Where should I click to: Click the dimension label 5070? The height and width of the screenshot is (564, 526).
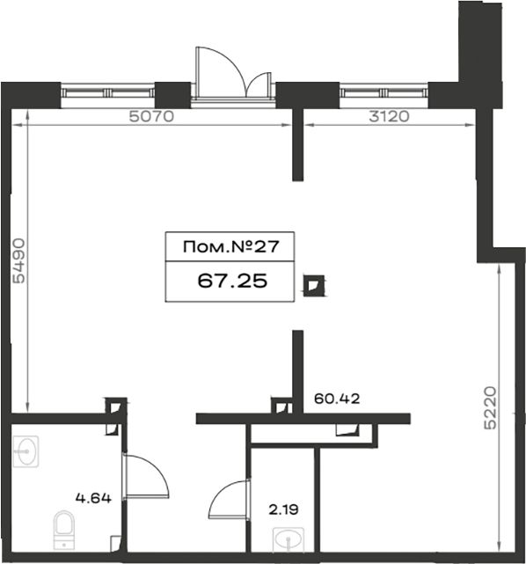(x=151, y=116)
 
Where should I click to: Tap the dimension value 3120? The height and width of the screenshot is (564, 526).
(x=389, y=116)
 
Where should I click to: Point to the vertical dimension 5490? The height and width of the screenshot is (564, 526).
(x=18, y=260)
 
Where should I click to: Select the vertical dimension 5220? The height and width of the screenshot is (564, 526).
(x=490, y=408)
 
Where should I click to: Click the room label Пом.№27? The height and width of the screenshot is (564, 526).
(x=230, y=246)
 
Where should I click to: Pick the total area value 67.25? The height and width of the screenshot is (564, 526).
(x=232, y=281)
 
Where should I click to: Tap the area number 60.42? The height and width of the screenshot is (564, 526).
(x=337, y=399)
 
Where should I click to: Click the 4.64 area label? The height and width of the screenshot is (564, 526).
(x=93, y=498)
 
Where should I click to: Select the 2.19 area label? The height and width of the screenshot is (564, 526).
(x=284, y=509)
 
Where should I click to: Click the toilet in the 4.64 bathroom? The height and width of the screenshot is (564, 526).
(x=64, y=530)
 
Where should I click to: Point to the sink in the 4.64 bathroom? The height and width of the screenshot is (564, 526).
(x=26, y=451)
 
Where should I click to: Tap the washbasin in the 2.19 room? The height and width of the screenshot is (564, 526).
(x=288, y=539)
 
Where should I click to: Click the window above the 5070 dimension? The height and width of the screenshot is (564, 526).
(x=108, y=93)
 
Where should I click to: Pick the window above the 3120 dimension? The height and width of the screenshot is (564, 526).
(x=384, y=93)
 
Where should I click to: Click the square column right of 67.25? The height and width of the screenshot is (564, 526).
(x=314, y=286)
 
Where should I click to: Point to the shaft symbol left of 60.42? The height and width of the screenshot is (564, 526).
(x=281, y=406)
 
